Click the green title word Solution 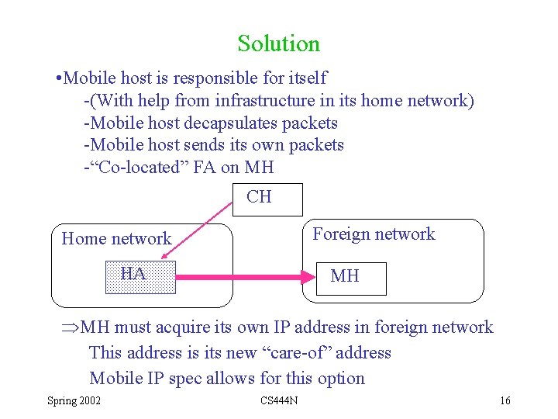click(x=279, y=43)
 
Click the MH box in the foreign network click(x=351, y=277)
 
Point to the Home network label click(x=116, y=239)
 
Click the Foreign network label click(x=374, y=234)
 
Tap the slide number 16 click(x=505, y=400)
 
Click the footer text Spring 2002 click(x=73, y=400)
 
